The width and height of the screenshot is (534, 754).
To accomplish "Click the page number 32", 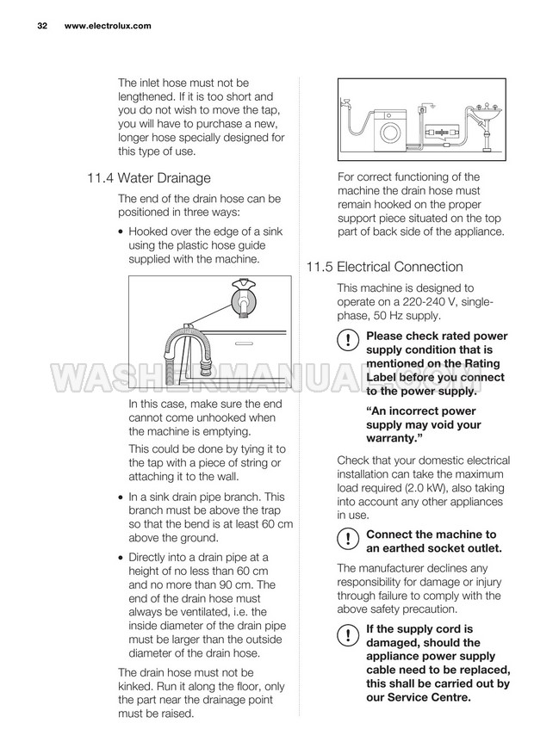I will pyautogui.click(x=41, y=26).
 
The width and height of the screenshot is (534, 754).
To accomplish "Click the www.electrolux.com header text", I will pyautogui.click(x=108, y=26).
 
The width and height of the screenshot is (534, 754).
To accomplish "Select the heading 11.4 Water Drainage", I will pyautogui.click(x=148, y=179).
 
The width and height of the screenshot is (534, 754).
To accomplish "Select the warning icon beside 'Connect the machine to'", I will pyautogui.click(x=346, y=540).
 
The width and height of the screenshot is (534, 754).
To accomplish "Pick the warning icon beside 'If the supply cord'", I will pyautogui.click(x=346, y=635).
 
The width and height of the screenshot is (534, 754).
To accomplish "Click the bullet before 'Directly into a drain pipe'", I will pyautogui.click(x=121, y=558).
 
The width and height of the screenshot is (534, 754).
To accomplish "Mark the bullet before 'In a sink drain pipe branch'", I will pyautogui.click(x=121, y=498).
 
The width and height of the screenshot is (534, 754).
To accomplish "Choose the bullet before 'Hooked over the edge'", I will pyautogui.click(x=121, y=232).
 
